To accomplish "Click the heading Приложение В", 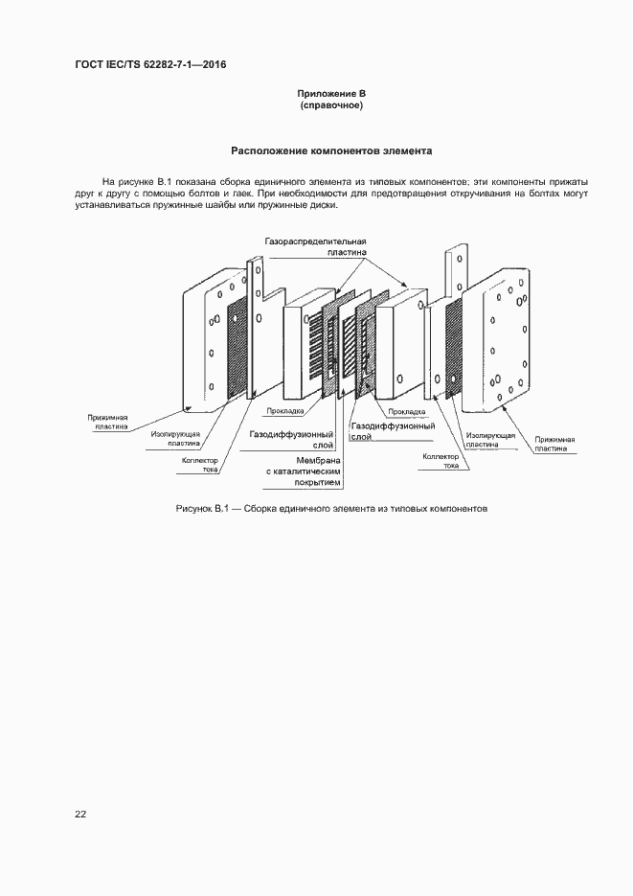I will pyautogui.click(x=331, y=94).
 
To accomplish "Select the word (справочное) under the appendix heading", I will pyautogui.click(x=331, y=105).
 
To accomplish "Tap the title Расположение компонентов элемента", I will pyautogui.click(x=331, y=151).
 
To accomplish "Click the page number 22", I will pyautogui.click(x=80, y=815).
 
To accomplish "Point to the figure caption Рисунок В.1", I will pyautogui.click(x=331, y=508).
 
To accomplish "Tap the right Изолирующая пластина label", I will pyautogui.click(x=490, y=440).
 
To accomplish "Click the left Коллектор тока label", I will pyautogui.click(x=201, y=466).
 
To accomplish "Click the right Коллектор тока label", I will pyautogui.click(x=441, y=461).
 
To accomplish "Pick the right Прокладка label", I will pyautogui.click(x=409, y=411).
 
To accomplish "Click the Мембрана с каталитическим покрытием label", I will pyautogui.click(x=303, y=471).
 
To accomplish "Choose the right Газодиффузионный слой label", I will pyautogui.click(x=393, y=431).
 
